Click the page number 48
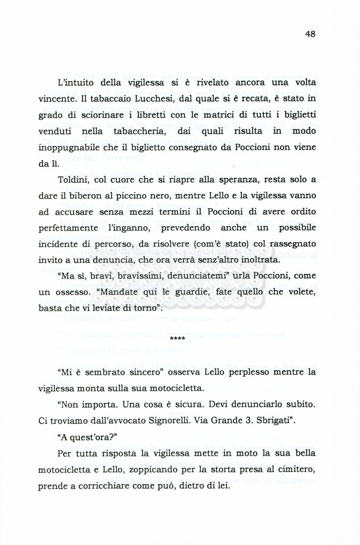coord(311,34)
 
